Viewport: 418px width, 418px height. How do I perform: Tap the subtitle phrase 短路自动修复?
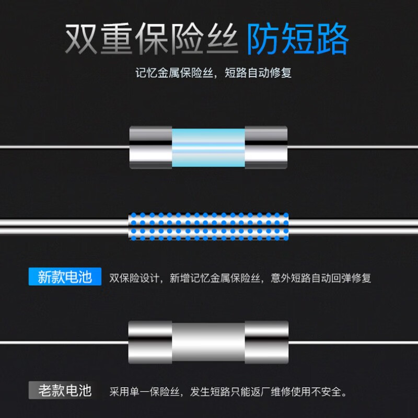point(258,73)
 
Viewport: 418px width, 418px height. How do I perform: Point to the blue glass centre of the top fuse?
point(208,147)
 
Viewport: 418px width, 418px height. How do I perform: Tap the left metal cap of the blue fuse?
point(151,147)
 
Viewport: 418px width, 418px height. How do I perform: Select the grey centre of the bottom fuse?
point(208,343)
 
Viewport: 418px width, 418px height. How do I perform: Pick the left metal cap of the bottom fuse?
point(150,343)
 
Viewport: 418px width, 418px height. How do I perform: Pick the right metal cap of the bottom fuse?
point(267,343)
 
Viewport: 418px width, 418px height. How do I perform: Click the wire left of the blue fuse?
point(63,147)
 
